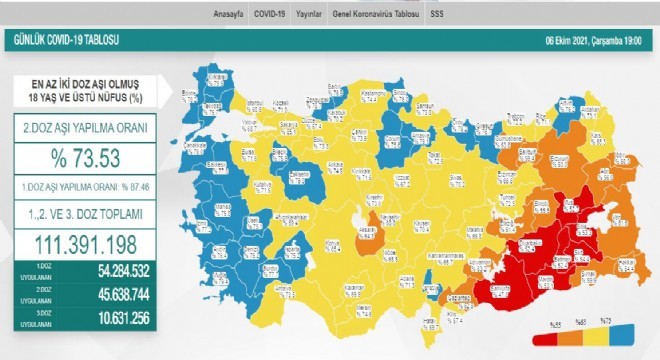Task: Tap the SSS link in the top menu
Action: [x=437, y=15]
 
